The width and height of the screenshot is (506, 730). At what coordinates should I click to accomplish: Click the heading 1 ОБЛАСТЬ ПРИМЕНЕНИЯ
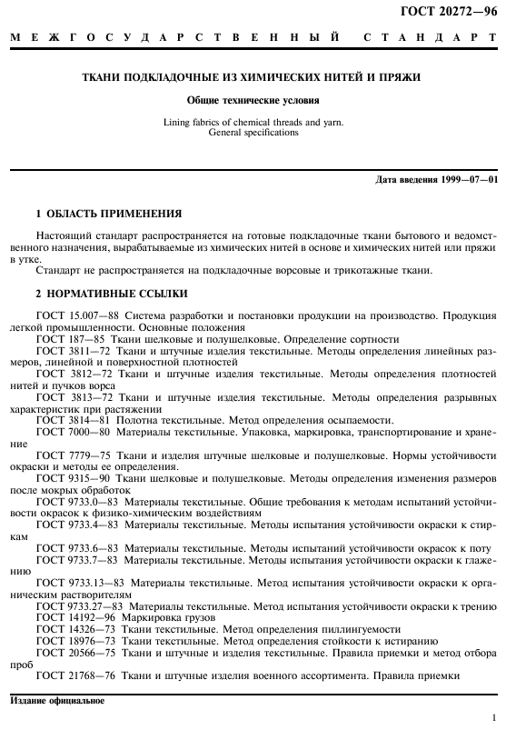(x=108, y=214)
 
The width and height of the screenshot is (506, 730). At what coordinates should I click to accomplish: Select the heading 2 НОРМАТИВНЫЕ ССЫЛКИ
(x=111, y=294)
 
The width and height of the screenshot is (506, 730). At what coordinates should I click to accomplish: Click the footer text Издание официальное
(x=57, y=700)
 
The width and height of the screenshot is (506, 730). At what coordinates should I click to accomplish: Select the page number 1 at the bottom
(x=491, y=717)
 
